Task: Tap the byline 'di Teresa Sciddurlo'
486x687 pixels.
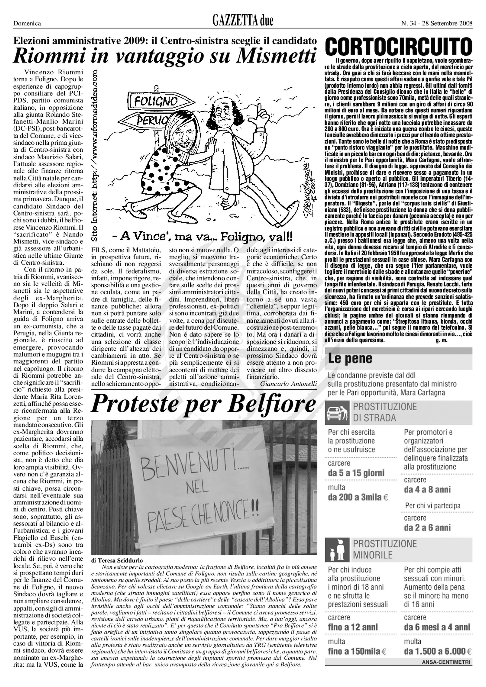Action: [117, 561]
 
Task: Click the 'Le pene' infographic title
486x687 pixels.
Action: [350, 358]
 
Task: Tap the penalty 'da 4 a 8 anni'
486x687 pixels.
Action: [427, 490]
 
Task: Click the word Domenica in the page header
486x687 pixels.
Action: [27, 23]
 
